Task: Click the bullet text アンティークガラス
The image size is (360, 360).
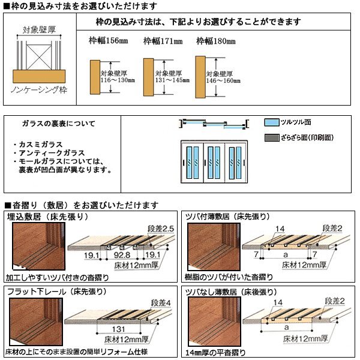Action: tap(46, 154)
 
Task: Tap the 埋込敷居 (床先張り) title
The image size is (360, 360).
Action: tap(45, 216)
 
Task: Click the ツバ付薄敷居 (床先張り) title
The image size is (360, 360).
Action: tap(228, 216)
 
